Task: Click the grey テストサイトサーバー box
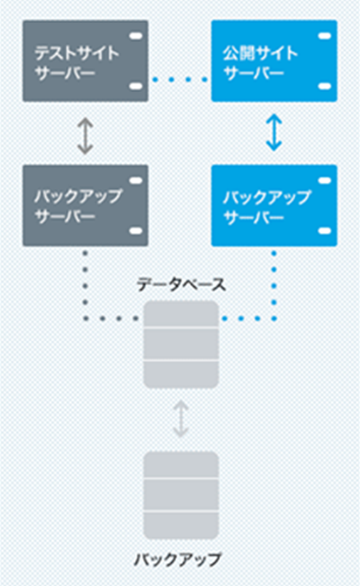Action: [x=85, y=61]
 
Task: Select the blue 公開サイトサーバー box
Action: [x=274, y=61]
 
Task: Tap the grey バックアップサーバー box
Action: [x=85, y=206]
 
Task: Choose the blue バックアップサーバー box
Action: [x=274, y=206]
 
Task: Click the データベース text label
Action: [x=181, y=285]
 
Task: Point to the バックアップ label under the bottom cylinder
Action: [x=177, y=560]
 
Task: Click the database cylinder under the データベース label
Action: [x=181, y=344]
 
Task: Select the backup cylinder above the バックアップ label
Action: [x=181, y=495]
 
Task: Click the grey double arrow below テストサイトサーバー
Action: [x=85, y=136]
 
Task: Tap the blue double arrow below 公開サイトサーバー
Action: [x=273, y=132]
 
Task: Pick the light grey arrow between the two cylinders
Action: [x=181, y=419]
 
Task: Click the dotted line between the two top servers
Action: [x=180, y=79]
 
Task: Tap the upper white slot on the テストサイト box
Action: [x=136, y=36]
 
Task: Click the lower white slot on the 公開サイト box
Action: [x=325, y=87]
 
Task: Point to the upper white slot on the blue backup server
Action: [x=325, y=181]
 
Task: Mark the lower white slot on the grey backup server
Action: [x=136, y=231]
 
